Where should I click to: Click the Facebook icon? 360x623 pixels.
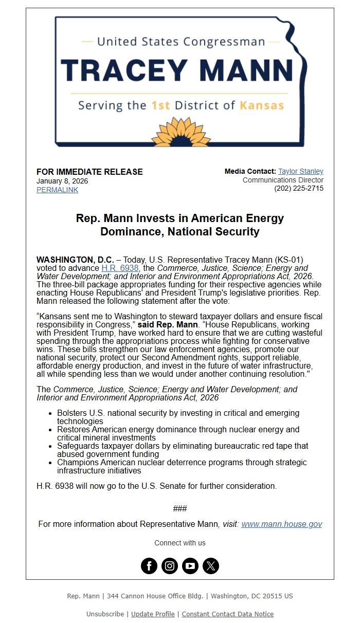pyautogui.click(x=149, y=566)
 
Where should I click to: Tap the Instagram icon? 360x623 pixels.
pyautogui.click(x=170, y=566)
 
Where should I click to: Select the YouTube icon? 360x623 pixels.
pyautogui.click(x=190, y=566)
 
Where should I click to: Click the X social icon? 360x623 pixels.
pyautogui.click(x=211, y=566)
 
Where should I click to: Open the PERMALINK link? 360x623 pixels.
pyautogui.click(x=57, y=190)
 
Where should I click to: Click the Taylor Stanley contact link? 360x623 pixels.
pyautogui.click(x=301, y=171)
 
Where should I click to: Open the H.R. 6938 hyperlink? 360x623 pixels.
pyautogui.click(x=120, y=268)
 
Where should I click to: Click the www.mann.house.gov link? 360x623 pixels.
pyautogui.click(x=281, y=524)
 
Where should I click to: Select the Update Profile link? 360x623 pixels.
pyautogui.click(x=153, y=614)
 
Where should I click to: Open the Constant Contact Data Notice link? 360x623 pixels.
pyautogui.click(x=227, y=614)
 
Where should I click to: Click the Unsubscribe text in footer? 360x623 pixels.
pyautogui.click(x=105, y=614)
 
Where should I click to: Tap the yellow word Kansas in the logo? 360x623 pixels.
pyautogui.click(x=262, y=106)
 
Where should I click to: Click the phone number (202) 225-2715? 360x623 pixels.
pyautogui.click(x=299, y=189)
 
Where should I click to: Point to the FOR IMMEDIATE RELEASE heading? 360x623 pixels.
pyautogui.click(x=89, y=172)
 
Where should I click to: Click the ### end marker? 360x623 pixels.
pyautogui.click(x=180, y=508)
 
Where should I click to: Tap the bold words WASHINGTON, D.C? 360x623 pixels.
pyautogui.click(x=75, y=260)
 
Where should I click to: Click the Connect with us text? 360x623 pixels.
pyautogui.click(x=180, y=543)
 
